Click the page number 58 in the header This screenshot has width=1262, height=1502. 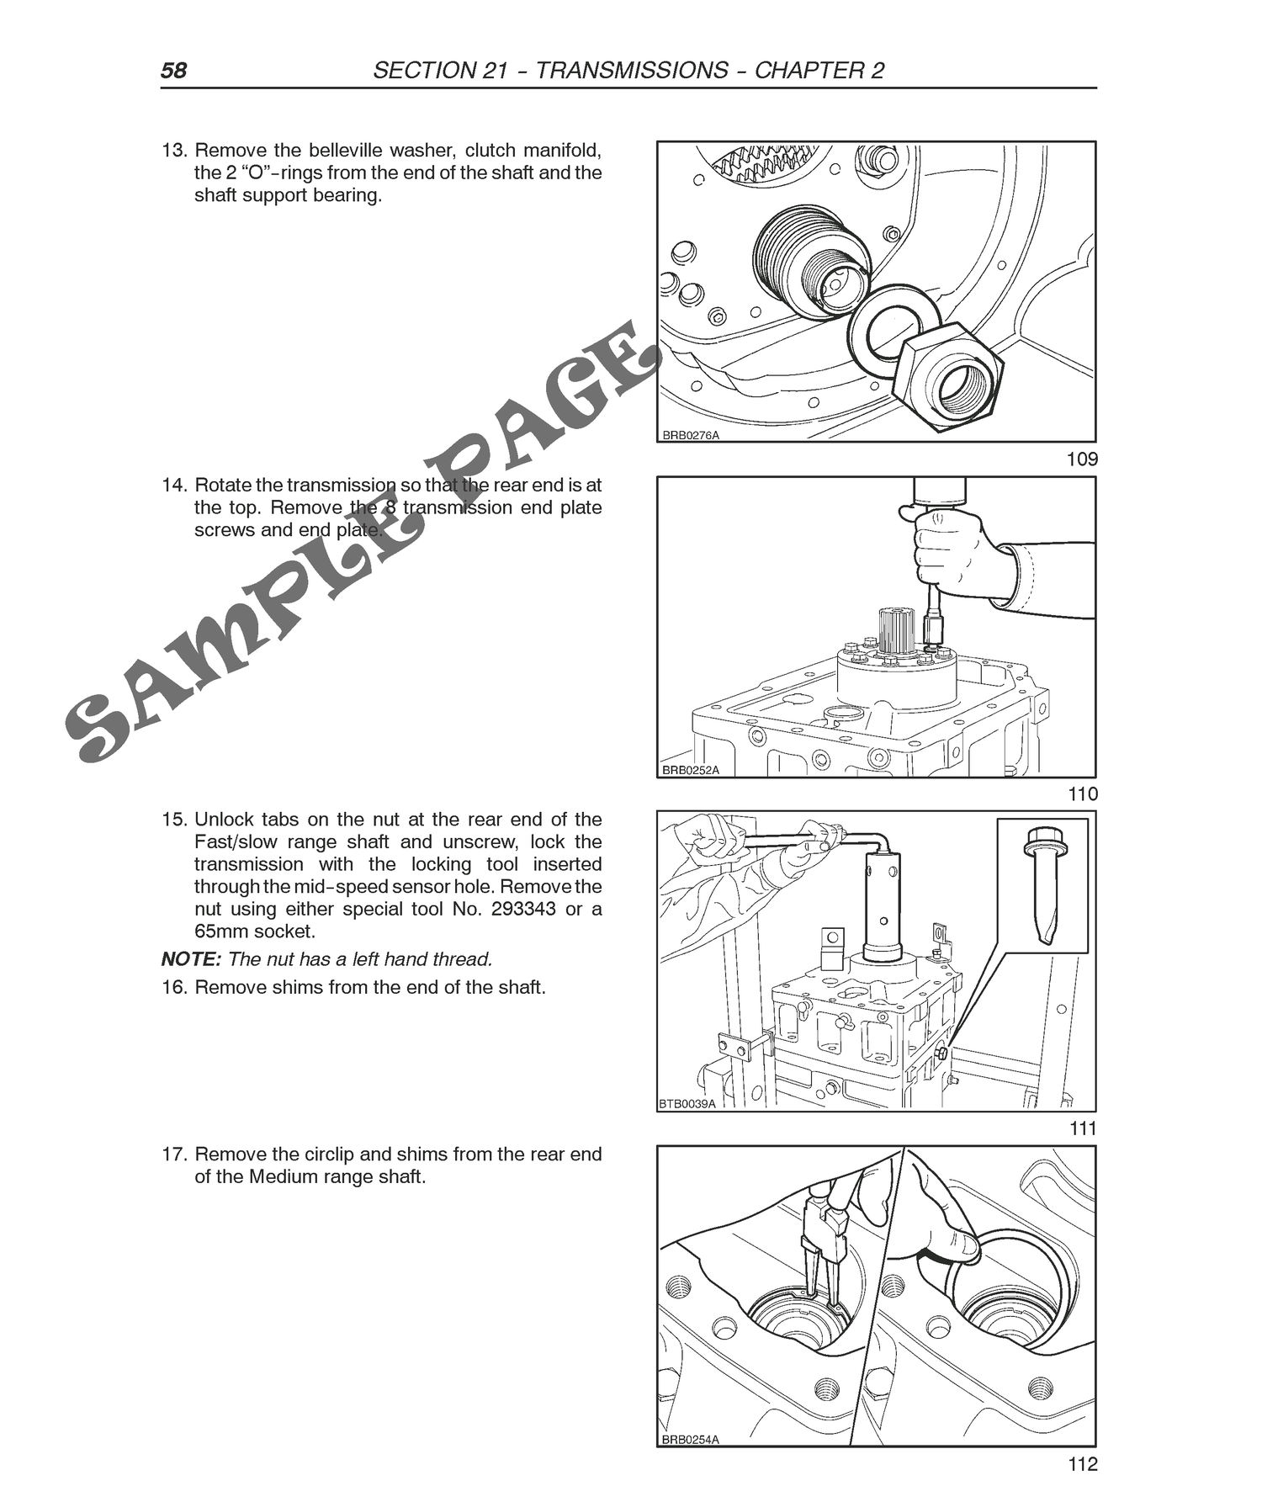coord(174,70)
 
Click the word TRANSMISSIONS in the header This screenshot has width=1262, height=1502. coord(632,70)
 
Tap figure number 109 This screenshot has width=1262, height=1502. coord(1081,459)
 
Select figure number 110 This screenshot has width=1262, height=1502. coord(1082,793)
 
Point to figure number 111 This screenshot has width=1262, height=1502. coord(1083,1128)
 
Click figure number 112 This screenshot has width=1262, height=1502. coord(1082,1464)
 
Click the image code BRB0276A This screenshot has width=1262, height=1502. coord(691,435)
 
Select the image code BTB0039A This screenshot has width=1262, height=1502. coord(687,1104)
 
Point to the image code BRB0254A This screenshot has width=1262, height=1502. coord(691,1440)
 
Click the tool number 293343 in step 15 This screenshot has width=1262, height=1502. coord(521,909)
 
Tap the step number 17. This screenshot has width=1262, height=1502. coord(173,1154)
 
